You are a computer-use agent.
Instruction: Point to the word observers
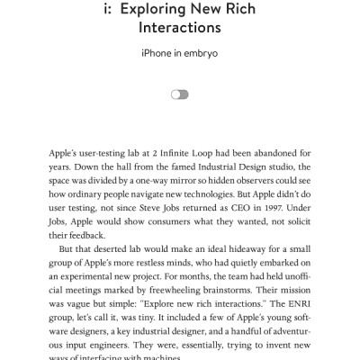(x=252, y=180)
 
